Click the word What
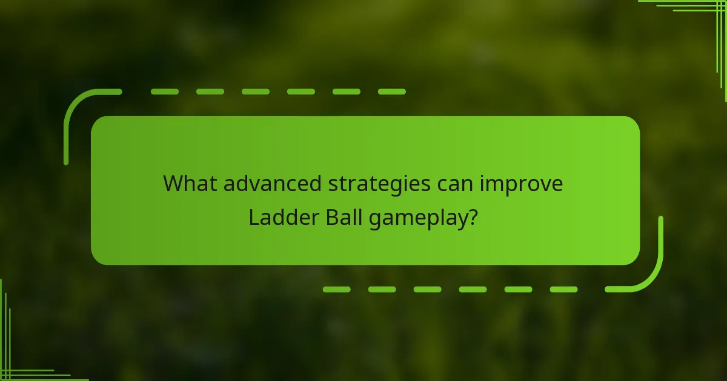(190, 184)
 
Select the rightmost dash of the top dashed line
(391, 92)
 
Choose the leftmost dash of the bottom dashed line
(336, 289)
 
